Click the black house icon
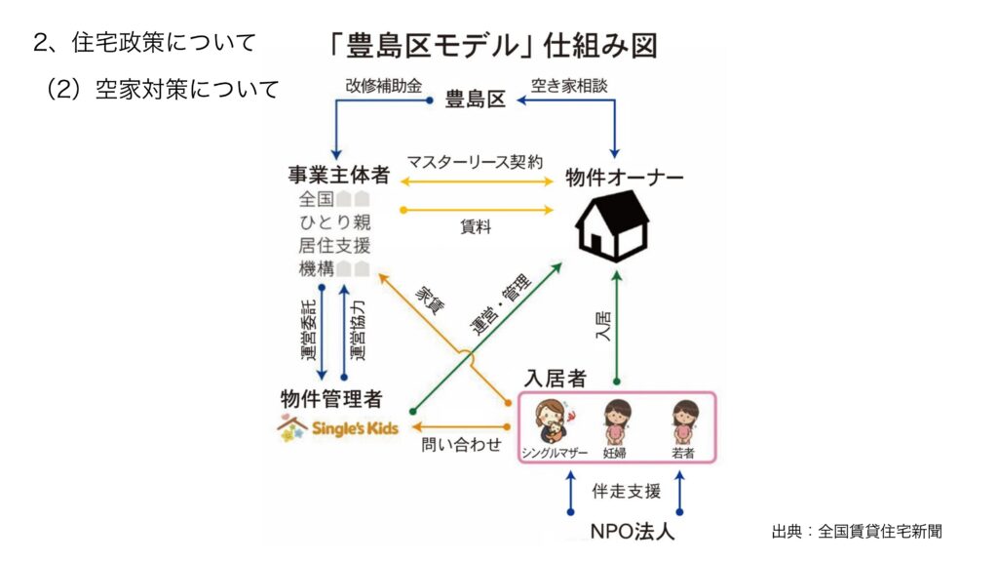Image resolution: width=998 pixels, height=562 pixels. pyautogui.click(x=612, y=226)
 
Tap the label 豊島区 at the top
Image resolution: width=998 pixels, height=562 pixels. pyautogui.click(x=475, y=99)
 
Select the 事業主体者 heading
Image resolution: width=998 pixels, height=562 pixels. pyautogui.click(x=338, y=176)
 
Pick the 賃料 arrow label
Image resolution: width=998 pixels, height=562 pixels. pyautogui.click(x=475, y=226)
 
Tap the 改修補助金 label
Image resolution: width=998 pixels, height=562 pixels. pyautogui.click(x=383, y=86)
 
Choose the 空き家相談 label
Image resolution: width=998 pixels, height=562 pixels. pyautogui.click(x=569, y=86)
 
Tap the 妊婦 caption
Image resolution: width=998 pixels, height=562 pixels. pyautogui.click(x=615, y=453)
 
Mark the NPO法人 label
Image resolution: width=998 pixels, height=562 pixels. pyautogui.click(x=632, y=533)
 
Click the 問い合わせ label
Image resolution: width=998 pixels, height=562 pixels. pyautogui.click(x=461, y=445)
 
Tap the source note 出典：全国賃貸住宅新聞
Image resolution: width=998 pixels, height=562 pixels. pyautogui.click(x=856, y=532)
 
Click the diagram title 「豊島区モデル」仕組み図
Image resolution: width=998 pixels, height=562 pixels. pyautogui.click(x=492, y=45)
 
